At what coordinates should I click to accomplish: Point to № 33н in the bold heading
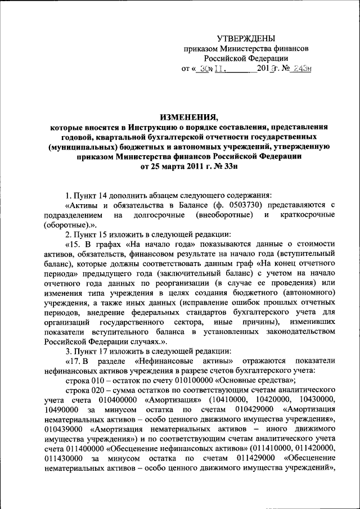[211, 167]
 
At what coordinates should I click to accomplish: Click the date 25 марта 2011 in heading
[172, 167]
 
